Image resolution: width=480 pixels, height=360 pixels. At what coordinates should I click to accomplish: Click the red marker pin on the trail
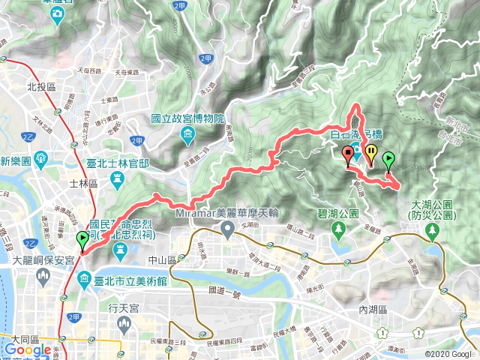(x=348, y=156)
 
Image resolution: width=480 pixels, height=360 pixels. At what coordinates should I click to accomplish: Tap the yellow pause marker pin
(x=371, y=154)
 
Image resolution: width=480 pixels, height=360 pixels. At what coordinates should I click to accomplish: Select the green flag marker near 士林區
(x=82, y=240)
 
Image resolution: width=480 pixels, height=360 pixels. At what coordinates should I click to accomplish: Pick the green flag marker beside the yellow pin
(x=388, y=160)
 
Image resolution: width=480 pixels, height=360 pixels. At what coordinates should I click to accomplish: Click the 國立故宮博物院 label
(x=187, y=118)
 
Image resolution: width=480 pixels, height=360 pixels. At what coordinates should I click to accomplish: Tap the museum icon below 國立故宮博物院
(x=187, y=134)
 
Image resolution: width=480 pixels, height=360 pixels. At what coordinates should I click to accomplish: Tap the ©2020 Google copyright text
(x=451, y=353)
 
